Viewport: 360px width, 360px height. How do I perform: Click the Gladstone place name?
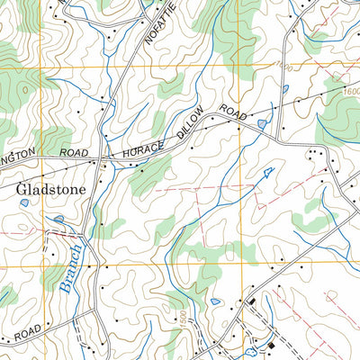(50, 191)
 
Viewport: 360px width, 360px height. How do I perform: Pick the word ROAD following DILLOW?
(232, 113)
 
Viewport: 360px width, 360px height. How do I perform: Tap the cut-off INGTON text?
(18, 154)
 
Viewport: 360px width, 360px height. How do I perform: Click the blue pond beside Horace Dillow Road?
(261, 123)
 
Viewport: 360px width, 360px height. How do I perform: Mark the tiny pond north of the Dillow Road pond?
(284, 88)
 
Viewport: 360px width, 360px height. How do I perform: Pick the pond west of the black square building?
(215, 301)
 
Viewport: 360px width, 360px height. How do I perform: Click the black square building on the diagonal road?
(253, 301)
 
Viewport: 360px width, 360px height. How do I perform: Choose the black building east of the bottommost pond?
(271, 346)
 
